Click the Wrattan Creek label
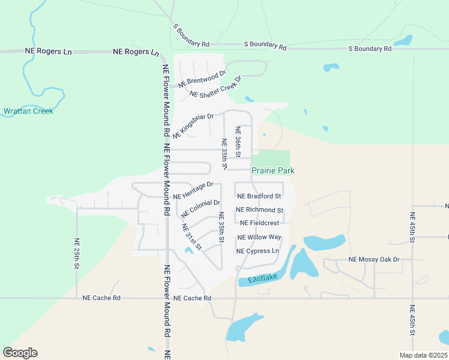[28, 111]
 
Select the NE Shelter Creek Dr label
[215, 88]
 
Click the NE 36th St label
[238, 142]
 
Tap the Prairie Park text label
[273, 171]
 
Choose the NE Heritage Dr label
[193, 191]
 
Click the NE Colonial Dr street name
[200, 208]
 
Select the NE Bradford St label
[259, 196]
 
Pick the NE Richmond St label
[260, 210]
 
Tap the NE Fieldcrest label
[259, 223]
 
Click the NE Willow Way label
[259, 238]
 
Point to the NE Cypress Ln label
[258, 251]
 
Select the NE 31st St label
[191, 237]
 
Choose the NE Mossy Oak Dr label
[374, 259]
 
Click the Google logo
[20, 353]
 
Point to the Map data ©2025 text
[423, 355]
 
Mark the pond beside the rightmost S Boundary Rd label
[403, 41]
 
